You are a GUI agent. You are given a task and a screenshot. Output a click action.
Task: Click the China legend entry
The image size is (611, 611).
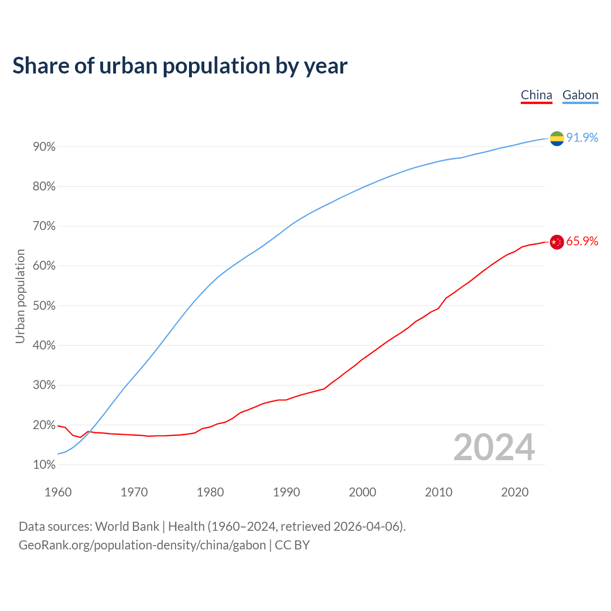tap(536, 95)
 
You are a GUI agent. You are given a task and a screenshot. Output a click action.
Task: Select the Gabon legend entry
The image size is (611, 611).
tap(580, 95)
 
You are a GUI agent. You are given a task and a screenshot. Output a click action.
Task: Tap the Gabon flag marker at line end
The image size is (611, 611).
tap(557, 138)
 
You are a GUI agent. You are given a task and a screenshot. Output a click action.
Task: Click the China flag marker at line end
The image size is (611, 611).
tap(557, 242)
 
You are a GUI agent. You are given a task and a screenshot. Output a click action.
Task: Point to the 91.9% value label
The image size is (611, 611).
tap(582, 137)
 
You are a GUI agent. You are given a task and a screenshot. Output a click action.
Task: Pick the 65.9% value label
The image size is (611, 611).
tap(582, 241)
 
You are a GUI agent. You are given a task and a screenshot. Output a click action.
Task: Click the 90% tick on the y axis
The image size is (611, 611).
tap(44, 147)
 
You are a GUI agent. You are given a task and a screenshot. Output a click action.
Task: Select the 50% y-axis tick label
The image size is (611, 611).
tap(44, 306)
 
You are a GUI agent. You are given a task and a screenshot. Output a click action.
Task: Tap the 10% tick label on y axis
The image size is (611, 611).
tap(44, 465)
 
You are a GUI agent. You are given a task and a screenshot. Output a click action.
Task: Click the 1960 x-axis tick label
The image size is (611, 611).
tap(58, 492)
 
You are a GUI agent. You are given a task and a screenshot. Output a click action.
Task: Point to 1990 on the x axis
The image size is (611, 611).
tap(286, 492)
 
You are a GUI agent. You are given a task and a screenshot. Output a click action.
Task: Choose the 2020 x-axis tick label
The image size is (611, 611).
tap(515, 492)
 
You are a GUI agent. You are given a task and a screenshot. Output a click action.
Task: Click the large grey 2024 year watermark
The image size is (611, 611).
tap(494, 447)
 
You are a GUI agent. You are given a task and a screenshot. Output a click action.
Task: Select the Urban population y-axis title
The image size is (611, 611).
tap(20, 296)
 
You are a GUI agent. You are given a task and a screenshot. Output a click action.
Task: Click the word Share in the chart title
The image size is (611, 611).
tap(40, 65)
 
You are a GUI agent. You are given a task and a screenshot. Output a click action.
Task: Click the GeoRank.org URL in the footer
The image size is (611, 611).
tap(142, 545)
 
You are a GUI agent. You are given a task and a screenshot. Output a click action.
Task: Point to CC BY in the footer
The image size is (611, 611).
tap(292, 545)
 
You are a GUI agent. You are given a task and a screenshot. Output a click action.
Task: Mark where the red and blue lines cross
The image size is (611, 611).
tap(90, 432)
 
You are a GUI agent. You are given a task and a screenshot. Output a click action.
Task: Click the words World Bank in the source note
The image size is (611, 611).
tap(127, 527)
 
